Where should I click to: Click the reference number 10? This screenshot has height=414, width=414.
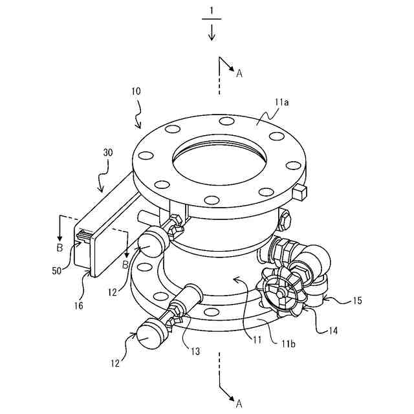point(136,91)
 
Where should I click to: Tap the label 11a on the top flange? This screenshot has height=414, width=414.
point(281,102)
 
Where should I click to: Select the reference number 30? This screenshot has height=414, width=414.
point(108,153)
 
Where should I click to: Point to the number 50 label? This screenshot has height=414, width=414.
point(57,271)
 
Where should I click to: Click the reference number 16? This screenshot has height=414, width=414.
point(78,306)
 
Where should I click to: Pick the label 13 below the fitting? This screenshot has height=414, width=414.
point(195,351)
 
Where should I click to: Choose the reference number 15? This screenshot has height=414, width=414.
point(357,301)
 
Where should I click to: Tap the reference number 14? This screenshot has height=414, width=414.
point(333,331)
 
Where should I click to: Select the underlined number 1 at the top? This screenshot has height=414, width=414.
point(212,12)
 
